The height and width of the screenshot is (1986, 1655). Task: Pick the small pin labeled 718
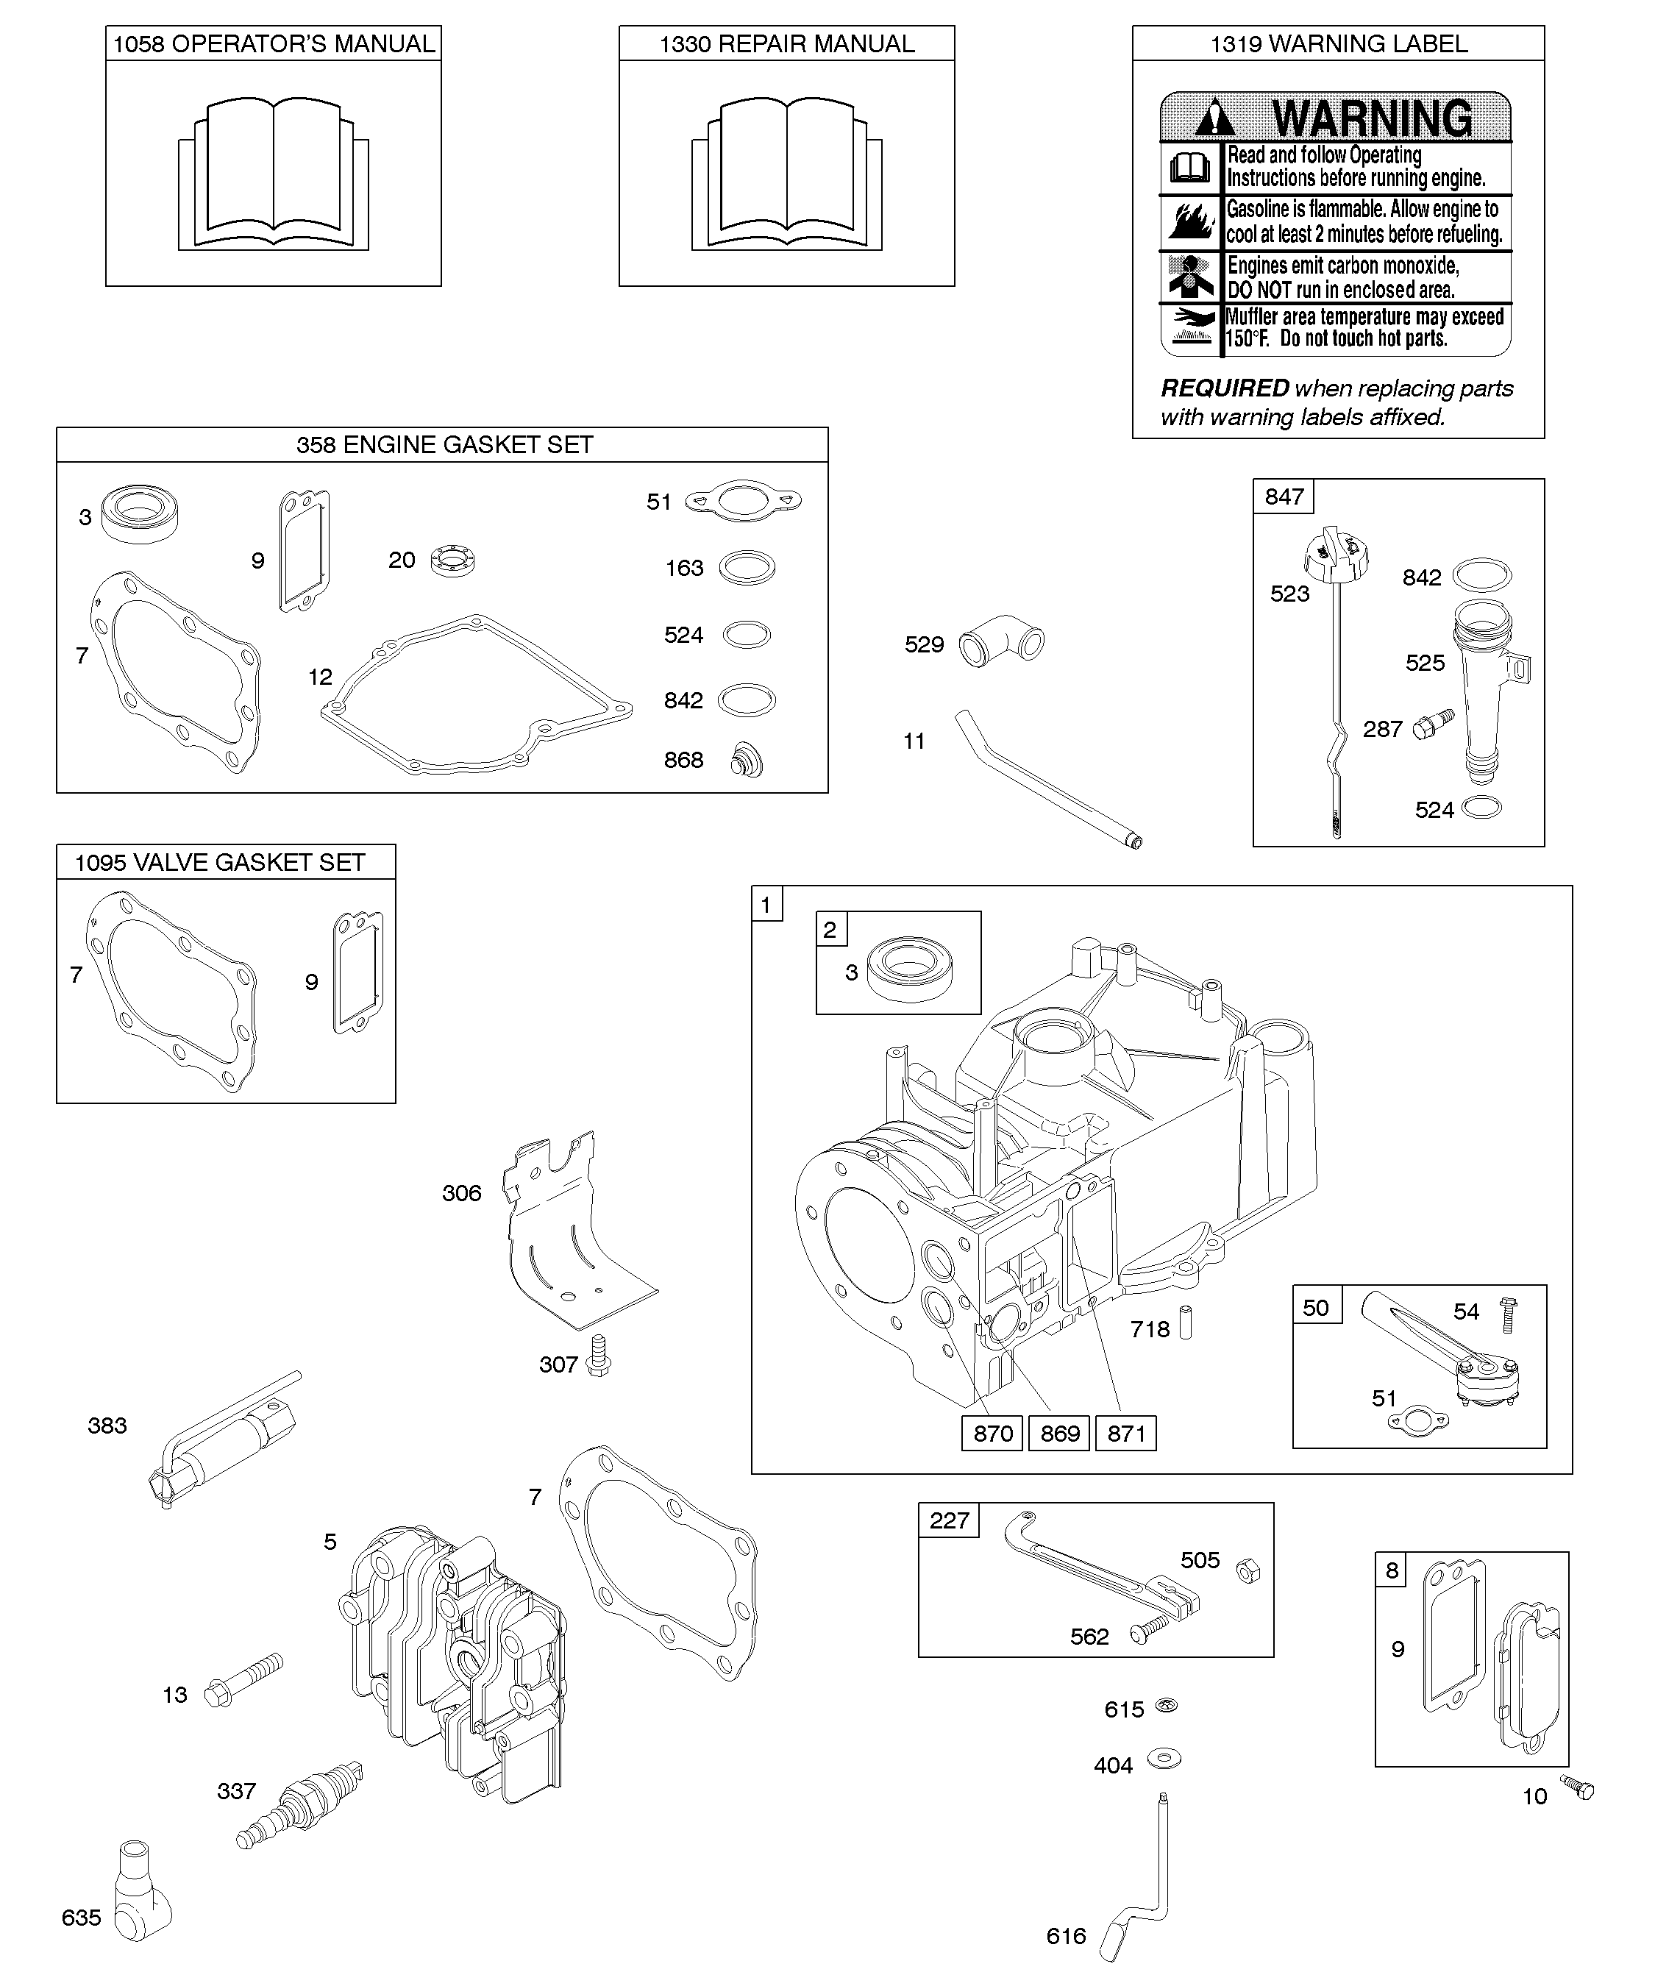tap(1186, 1321)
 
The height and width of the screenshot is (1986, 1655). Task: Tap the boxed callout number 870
tap(993, 1434)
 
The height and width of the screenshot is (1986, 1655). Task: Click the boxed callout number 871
tap(1126, 1434)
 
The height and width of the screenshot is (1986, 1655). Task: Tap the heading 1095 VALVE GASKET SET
tap(221, 863)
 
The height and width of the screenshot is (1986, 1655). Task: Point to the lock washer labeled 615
tap(1167, 1705)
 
